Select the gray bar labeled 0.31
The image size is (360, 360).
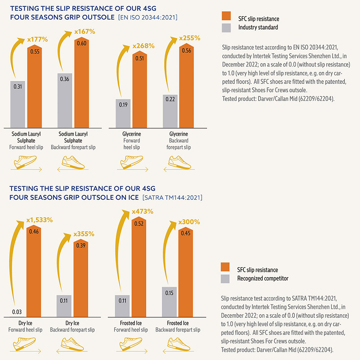point(18,103)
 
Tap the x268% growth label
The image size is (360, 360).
point(143,45)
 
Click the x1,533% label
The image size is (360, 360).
point(40,220)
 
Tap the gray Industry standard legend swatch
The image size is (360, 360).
point(226,27)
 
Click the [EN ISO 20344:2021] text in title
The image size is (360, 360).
point(148,18)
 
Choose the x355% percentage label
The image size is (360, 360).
point(84,234)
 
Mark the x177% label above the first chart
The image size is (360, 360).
point(37,39)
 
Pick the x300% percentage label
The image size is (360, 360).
point(189,222)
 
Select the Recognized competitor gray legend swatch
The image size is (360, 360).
point(225,279)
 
